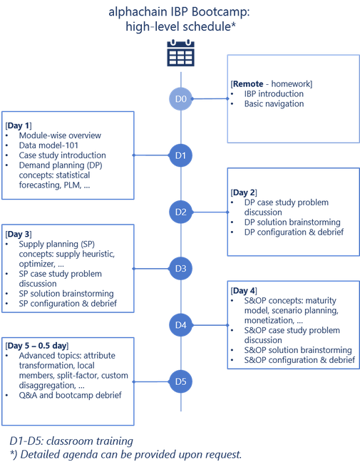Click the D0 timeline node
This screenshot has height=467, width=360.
pos(180,99)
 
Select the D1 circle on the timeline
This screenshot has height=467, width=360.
pos(180,155)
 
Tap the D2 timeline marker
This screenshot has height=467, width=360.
pos(180,212)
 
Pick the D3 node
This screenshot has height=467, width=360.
pos(180,268)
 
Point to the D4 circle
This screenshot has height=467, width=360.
pos(180,325)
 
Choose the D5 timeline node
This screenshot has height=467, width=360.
pos(180,381)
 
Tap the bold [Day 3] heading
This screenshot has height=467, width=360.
pos(21,234)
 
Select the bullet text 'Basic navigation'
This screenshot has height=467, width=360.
pos(274,104)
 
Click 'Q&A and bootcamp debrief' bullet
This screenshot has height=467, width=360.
pos(70,395)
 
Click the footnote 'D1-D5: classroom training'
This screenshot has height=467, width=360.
pos(71,441)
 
